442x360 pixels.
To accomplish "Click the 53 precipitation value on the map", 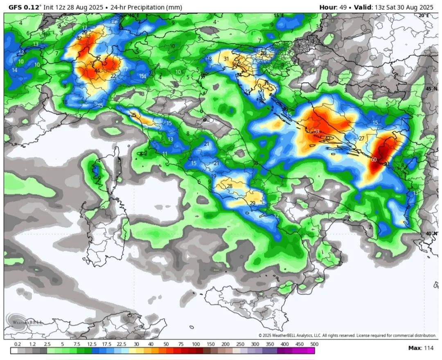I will tap(316, 131).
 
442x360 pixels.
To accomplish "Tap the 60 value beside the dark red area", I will tap(374, 159).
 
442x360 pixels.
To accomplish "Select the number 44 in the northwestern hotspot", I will tap(97, 70).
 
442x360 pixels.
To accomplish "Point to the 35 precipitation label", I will tap(133, 115).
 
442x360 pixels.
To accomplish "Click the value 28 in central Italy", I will tap(230, 186).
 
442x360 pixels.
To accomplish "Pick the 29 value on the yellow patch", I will tap(253, 203).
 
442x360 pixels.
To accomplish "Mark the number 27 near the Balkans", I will tap(361, 138).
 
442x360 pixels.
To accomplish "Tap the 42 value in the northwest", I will tap(79, 38).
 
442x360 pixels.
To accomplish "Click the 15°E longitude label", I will tap(279, 16).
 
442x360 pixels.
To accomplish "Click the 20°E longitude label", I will tap(424, 16).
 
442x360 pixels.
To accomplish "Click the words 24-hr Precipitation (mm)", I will tap(144, 7).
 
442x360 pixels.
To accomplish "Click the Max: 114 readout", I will tap(421, 348).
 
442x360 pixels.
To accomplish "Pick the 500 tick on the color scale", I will tap(314, 344).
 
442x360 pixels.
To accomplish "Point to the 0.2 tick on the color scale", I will tap(18, 344).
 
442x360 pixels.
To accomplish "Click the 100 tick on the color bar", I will tap(196, 344).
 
